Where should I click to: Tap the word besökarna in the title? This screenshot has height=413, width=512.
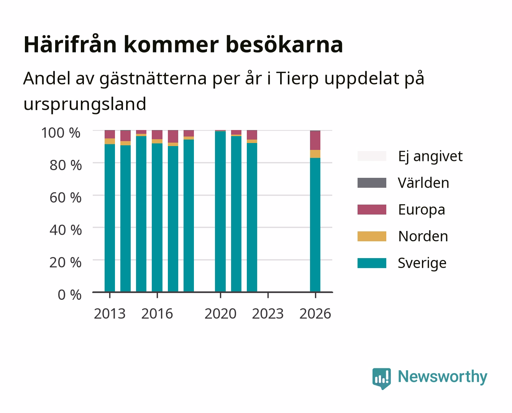284,44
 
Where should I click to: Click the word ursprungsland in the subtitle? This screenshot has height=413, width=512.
85,104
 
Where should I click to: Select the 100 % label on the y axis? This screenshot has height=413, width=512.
61,133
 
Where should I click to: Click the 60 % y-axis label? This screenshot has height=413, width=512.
66,198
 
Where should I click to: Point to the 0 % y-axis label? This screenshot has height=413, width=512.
69,295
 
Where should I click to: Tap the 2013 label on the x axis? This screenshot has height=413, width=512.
110,314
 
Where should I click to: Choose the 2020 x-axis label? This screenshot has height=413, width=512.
220,314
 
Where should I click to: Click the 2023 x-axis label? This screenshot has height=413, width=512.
268,314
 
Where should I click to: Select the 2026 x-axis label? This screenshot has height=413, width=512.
315,314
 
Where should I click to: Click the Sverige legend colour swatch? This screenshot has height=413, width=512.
372,263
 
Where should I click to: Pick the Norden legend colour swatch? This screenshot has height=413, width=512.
372,236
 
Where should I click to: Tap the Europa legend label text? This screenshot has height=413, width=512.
422,210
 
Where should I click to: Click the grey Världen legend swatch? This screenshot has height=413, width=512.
372,183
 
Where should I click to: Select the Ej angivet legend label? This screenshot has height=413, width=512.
430,157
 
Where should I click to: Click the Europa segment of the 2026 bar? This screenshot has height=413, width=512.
315,141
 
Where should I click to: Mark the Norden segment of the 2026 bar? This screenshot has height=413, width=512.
315,154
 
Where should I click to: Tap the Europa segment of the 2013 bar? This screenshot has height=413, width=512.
110,134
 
